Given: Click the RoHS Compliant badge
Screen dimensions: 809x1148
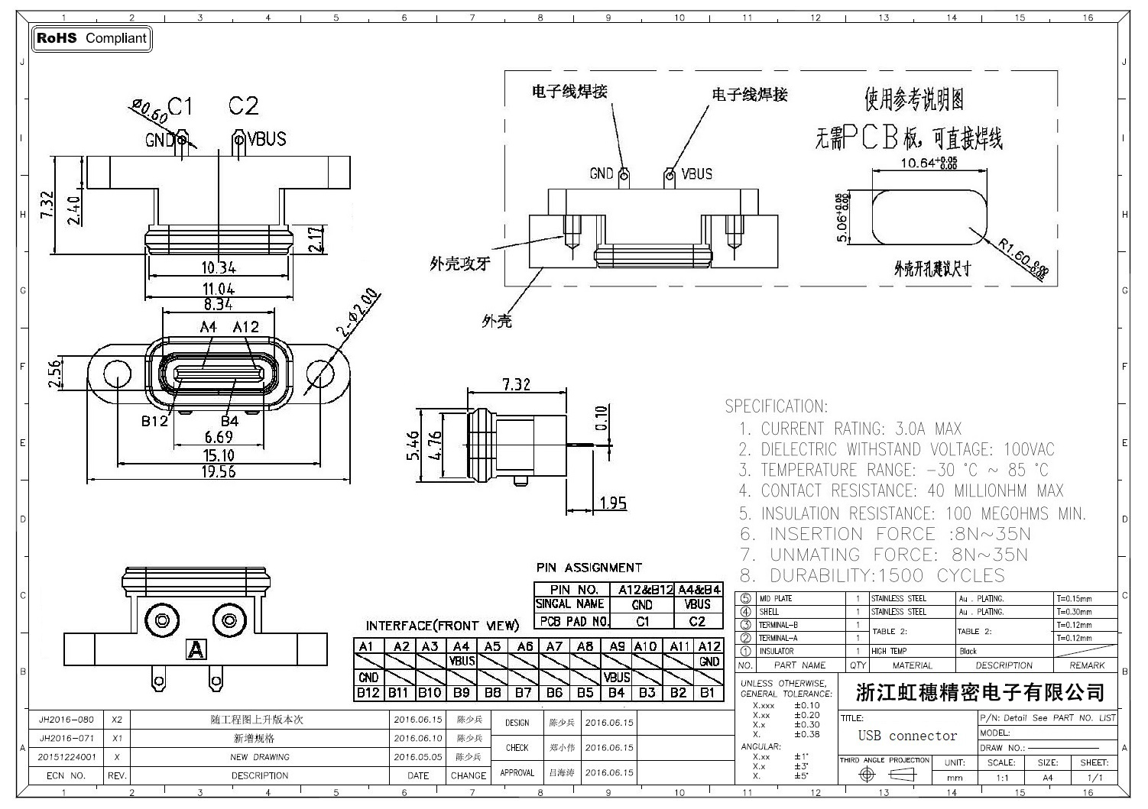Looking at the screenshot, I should (x=92, y=38).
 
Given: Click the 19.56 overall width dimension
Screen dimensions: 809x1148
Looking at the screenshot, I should (x=219, y=471).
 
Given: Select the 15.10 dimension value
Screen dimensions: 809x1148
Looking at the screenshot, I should (x=219, y=455).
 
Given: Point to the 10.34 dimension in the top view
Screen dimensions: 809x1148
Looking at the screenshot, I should (x=219, y=267).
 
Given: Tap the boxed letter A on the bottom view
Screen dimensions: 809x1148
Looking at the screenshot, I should (x=196, y=650).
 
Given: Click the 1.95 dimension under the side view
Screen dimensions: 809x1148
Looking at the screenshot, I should (x=613, y=503).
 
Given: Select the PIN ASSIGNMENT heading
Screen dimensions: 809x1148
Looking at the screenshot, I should (x=589, y=568).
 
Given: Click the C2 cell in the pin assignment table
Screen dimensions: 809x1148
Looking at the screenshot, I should (x=697, y=621).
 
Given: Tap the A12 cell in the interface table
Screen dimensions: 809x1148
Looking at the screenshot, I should (x=709, y=646).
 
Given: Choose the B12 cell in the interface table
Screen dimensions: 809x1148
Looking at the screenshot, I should (x=368, y=693).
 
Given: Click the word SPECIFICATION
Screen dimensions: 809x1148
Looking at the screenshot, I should (x=776, y=406).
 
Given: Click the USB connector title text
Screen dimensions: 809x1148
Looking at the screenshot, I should (x=907, y=736).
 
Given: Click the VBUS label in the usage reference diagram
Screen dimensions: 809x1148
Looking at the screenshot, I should (x=696, y=174).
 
